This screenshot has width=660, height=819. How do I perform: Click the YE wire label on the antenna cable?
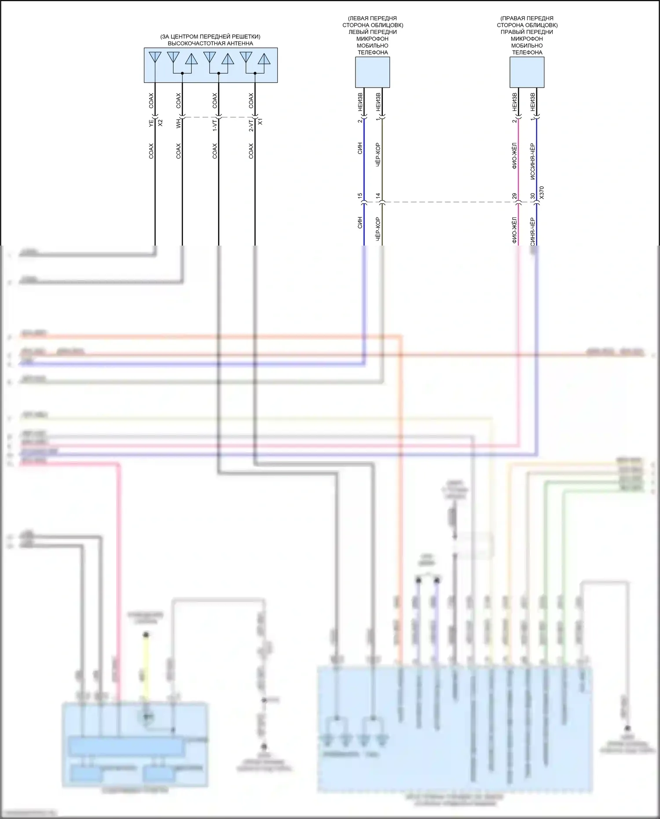[151, 123]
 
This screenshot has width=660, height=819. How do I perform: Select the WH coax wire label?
[178, 123]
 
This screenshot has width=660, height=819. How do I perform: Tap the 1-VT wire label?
[214, 125]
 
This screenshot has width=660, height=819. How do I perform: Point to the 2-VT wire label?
[251, 125]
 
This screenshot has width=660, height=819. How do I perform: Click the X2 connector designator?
[160, 123]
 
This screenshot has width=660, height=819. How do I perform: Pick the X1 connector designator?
[260, 121]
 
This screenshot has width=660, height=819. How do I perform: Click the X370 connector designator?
[542, 193]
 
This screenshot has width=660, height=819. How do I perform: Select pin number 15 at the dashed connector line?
[360, 196]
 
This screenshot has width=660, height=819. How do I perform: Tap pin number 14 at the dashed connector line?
[378, 196]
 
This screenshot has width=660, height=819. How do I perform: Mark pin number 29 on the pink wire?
[514, 196]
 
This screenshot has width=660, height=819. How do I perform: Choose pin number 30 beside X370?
[532, 196]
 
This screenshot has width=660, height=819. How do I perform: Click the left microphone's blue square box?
[372, 72]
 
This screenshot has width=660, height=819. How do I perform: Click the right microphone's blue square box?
[527, 72]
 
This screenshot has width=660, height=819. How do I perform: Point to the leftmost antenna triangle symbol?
[155, 57]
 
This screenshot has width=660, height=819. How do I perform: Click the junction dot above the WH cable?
[182, 73]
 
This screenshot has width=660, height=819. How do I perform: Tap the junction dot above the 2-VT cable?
[255, 73]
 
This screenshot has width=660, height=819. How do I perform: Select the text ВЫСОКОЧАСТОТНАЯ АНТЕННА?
[210, 44]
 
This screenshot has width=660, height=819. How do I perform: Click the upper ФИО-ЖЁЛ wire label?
[514, 156]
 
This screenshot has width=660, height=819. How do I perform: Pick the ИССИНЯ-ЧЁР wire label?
[532, 162]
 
